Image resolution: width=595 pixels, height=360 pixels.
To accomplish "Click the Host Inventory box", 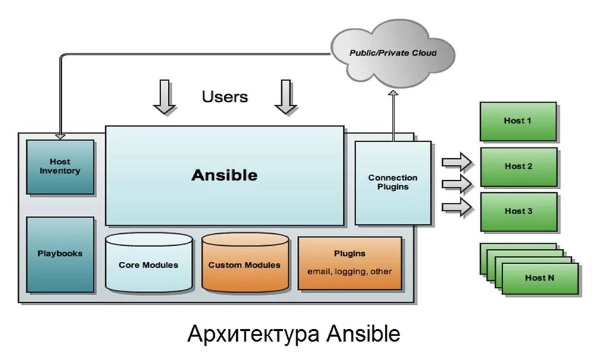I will (x=59, y=167).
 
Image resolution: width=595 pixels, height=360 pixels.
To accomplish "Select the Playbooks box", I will (x=59, y=254).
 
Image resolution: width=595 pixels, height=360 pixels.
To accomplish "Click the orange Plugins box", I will (x=349, y=262).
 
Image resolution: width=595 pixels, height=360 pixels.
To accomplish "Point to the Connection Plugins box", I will (x=393, y=181).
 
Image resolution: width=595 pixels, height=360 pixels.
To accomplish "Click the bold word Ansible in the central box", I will (x=224, y=175).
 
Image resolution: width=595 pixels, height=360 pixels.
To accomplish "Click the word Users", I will (x=224, y=96).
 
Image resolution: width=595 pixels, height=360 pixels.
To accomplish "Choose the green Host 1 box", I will (x=518, y=121).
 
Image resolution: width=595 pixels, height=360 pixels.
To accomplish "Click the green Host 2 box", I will (x=518, y=167).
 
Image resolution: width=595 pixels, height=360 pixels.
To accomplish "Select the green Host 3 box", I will (x=518, y=211).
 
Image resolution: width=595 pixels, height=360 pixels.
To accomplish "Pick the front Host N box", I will (x=540, y=278).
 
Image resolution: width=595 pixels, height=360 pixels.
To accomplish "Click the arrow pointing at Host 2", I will (x=457, y=161).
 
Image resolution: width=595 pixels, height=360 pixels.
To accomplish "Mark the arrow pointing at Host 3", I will (x=457, y=206).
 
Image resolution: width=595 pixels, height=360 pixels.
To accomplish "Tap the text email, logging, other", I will (x=349, y=272).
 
